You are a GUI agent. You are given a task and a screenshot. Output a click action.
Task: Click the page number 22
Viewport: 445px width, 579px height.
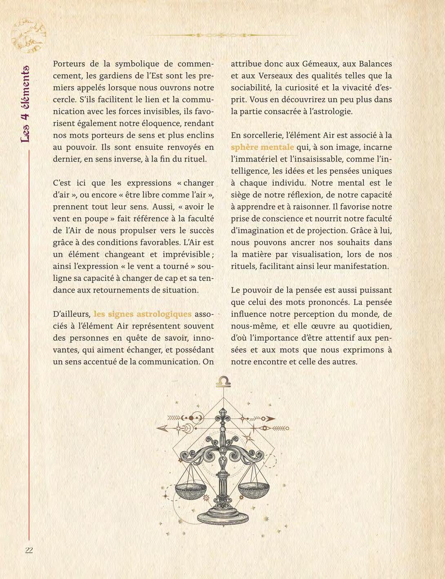coord(29,550)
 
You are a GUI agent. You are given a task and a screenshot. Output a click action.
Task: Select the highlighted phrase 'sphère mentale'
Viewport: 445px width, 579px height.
coord(262,147)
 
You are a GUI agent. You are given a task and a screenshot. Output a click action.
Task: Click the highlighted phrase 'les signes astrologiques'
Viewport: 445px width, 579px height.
coord(142,314)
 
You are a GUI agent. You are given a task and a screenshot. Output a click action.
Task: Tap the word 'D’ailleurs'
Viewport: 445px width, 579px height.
coord(71,314)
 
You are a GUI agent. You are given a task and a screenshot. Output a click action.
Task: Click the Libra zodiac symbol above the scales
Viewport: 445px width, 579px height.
coord(223,382)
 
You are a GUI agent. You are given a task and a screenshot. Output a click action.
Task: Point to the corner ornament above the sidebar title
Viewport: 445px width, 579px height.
coord(28,36)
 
